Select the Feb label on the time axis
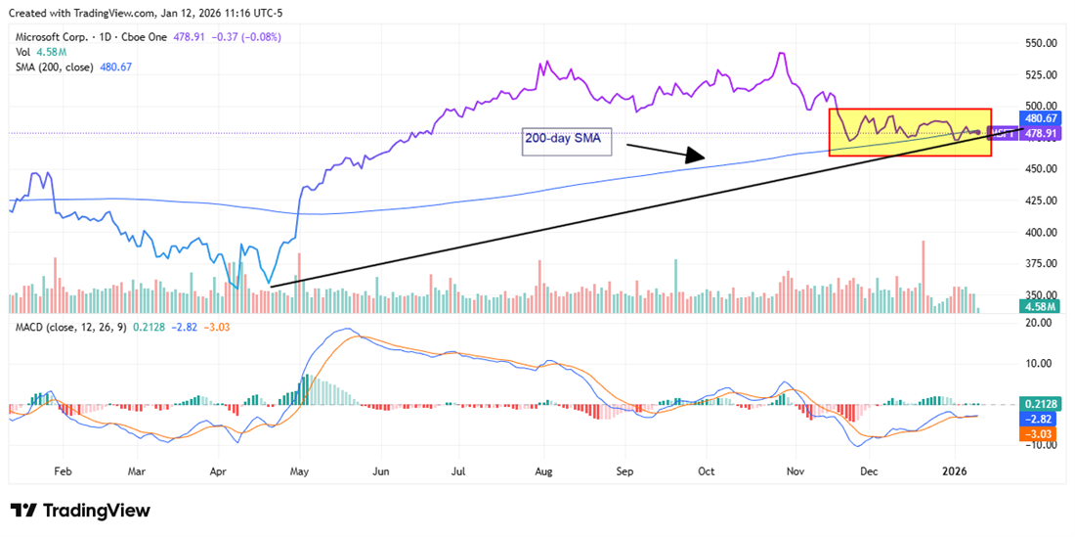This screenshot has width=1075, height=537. [x=63, y=470]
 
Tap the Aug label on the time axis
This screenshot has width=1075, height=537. [x=544, y=470]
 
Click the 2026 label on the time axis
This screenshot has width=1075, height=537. [x=954, y=470]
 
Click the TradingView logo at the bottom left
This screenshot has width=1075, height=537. [x=80, y=511]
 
